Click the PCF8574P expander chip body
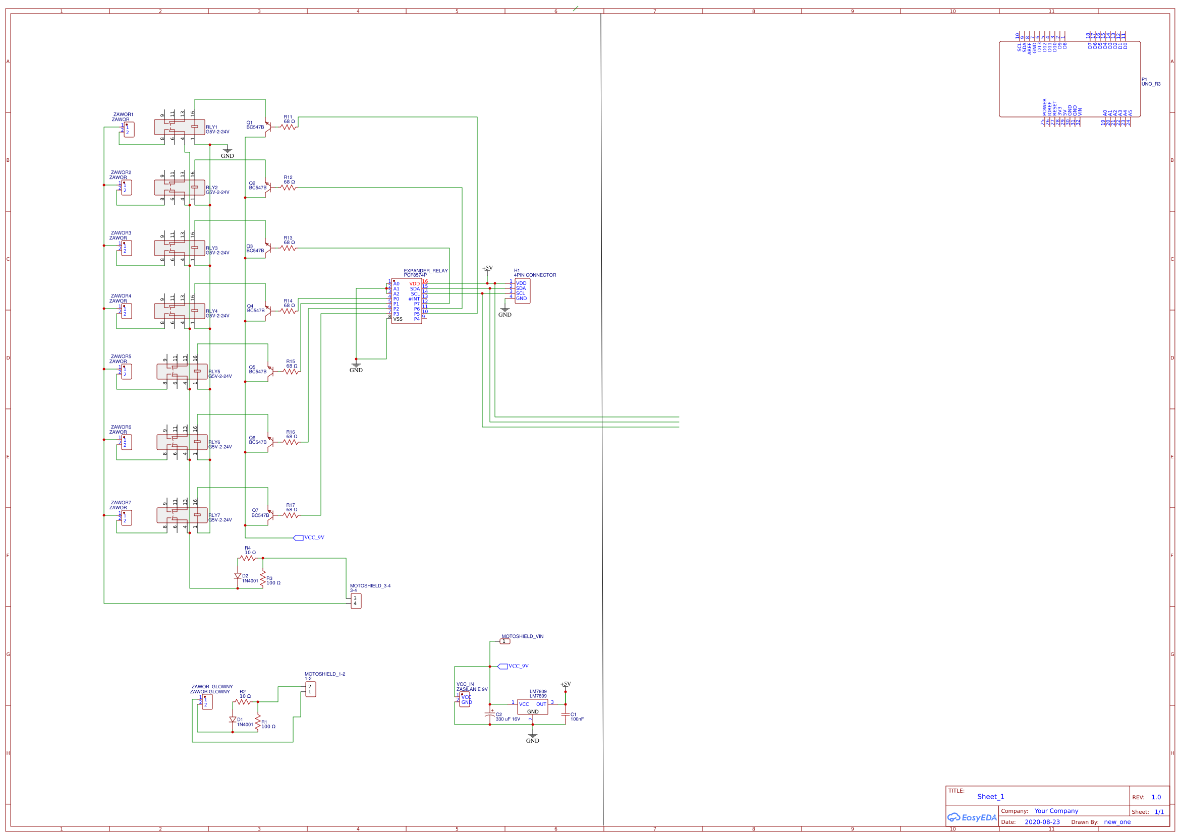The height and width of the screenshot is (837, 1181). pyautogui.click(x=406, y=302)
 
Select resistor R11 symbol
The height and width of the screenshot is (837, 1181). pyautogui.click(x=289, y=127)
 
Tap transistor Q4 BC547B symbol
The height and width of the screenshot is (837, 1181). pyautogui.click(x=267, y=311)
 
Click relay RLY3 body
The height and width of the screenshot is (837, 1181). pyautogui.click(x=179, y=248)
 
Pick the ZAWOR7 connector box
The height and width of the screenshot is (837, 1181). pyautogui.click(x=126, y=518)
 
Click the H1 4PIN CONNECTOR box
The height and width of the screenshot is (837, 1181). pyautogui.click(x=522, y=291)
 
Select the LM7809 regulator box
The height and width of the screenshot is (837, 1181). pyautogui.click(x=532, y=706)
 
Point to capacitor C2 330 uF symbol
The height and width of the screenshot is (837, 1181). pyautogui.click(x=489, y=715)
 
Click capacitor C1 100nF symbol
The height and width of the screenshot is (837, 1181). pyautogui.click(x=565, y=715)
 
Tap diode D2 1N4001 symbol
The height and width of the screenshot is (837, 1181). pyautogui.click(x=238, y=576)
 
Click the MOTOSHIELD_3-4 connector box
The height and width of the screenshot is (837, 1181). pyautogui.click(x=356, y=601)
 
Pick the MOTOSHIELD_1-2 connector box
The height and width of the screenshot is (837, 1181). pyautogui.click(x=310, y=689)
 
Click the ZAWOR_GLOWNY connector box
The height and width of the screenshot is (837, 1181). pyautogui.click(x=207, y=702)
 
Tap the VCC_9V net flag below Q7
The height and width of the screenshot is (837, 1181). pyautogui.click(x=299, y=538)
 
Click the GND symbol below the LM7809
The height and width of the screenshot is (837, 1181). pyautogui.click(x=532, y=736)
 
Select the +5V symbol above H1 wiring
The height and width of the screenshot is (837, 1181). pyautogui.click(x=487, y=269)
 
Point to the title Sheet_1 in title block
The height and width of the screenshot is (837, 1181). pyautogui.click(x=990, y=797)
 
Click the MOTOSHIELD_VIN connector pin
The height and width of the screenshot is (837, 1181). pyautogui.click(x=505, y=641)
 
